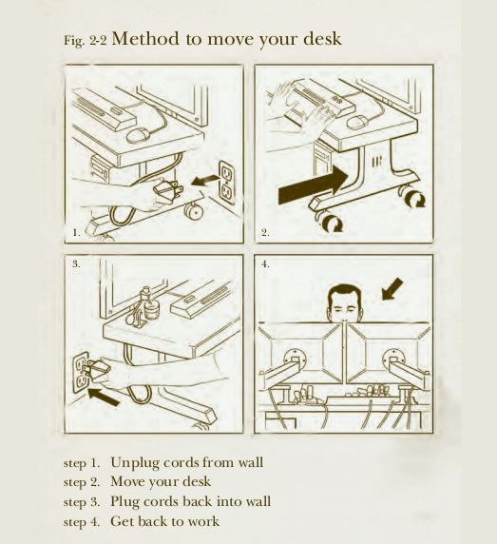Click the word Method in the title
click(145, 38)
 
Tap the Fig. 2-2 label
click(85, 41)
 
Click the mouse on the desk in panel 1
click(139, 135)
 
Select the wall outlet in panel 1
click(227, 183)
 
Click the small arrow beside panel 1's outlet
click(205, 181)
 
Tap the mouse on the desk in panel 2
click(358, 122)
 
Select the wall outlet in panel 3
click(82, 373)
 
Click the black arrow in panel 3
click(104, 397)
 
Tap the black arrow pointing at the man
click(392, 289)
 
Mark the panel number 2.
click(265, 232)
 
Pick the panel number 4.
click(265, 264)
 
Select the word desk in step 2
click(197, 481)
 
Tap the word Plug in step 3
click(124, 502)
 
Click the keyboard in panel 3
click(202, 300)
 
